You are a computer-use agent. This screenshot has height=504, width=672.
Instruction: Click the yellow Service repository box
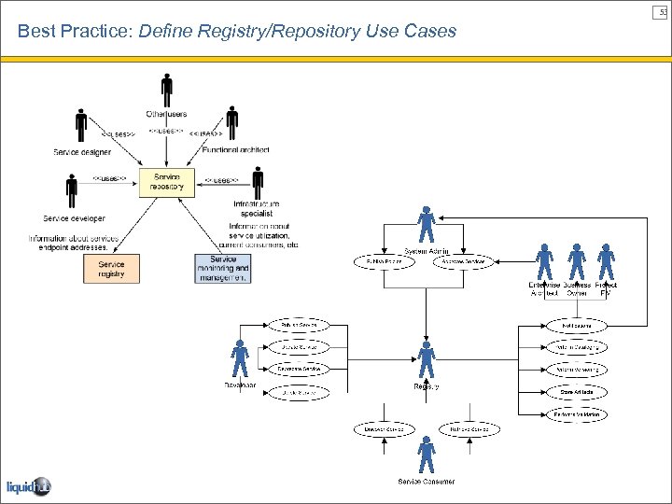click(167, 181)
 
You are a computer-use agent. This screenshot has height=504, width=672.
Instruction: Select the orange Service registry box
click(111, 269)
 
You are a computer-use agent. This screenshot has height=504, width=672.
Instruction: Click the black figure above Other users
click(167, 90)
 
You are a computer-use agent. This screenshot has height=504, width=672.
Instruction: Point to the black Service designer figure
click(81, 127)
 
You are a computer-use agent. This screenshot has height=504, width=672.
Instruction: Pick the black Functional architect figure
click(231, 123)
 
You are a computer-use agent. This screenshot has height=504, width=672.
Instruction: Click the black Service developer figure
click(72, 192)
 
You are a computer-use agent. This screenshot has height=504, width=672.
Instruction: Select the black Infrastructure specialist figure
click(259, 183)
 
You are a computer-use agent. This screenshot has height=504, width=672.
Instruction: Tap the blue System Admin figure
click(427, 225)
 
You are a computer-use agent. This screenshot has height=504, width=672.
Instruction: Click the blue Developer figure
click(240, 359)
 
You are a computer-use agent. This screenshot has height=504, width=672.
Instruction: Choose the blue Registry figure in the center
click(427, 359)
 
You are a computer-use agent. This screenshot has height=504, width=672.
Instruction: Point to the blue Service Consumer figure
click(427, 455)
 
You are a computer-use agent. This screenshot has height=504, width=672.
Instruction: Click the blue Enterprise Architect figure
click(545, 261)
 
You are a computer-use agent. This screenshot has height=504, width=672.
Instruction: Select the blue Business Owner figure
click(577, 261)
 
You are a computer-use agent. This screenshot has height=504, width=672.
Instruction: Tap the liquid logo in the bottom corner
click(28, 486)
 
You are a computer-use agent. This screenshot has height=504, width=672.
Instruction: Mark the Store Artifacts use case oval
click(576, 392)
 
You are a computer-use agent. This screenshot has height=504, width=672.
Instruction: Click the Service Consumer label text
click(427, 482)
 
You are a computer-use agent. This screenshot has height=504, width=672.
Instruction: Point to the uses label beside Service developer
click(108, 178)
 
